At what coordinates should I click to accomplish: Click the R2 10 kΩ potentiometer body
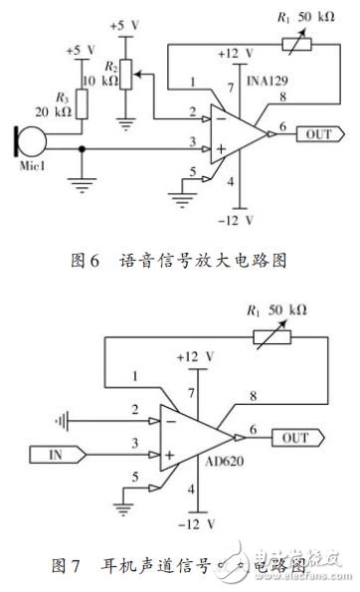pyautogui.click(x=124, y=72)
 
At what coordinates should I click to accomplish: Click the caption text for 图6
pyautogui.click(x=179, y=262)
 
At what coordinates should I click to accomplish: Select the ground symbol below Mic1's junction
pyautogui.click(x=82, y=182)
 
